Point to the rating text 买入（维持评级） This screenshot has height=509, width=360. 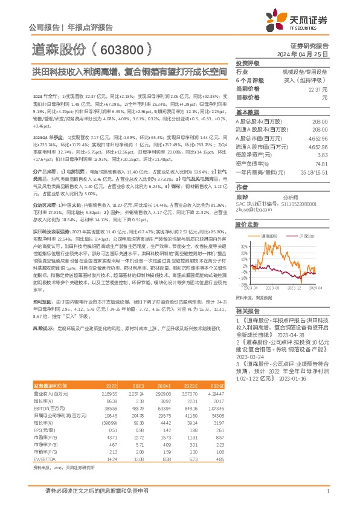click(x=309, y=80)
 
